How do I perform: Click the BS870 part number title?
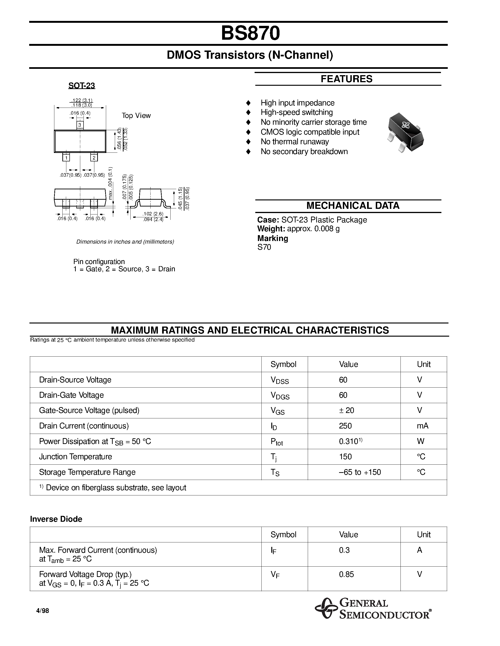[250, 33]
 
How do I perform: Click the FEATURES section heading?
[346, 79]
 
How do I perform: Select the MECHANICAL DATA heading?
[352, 206]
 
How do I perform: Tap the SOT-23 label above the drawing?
[81, 86]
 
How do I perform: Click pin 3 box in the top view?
[80, 125]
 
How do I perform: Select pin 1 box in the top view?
[66, 158]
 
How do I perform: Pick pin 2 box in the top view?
[94, 158]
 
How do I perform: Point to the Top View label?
[136, 116]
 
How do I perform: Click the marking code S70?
[264, 247]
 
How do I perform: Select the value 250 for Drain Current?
[345, 426]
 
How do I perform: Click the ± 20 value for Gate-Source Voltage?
[346, 411]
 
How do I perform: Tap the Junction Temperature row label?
[76, 457]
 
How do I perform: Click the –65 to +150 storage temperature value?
[360, 472]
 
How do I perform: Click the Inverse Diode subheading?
[56, 519]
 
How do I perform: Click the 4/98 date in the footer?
[42, 611]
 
